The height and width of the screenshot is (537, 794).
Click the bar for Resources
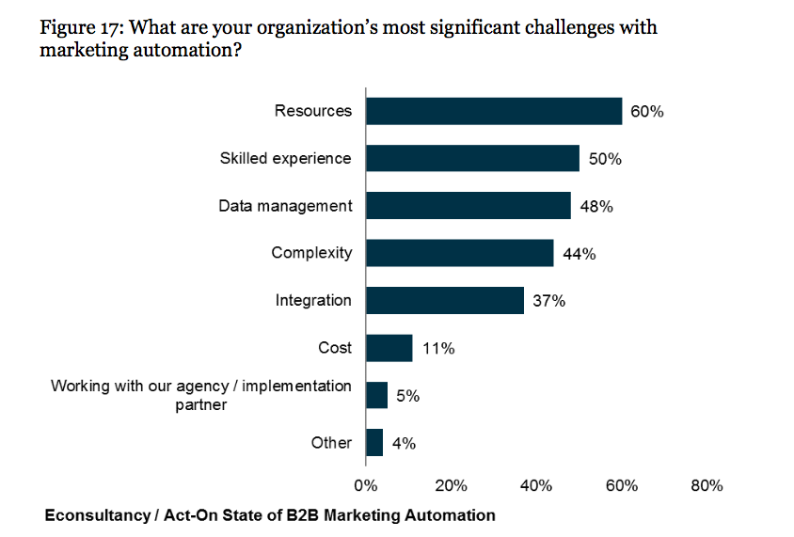click(493, 111)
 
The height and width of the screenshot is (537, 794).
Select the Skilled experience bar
click(472, 158)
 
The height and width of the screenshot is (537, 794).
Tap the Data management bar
click(468, 206)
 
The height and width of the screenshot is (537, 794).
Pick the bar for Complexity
click(459, 253)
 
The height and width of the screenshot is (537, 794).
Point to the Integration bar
click(444, 300)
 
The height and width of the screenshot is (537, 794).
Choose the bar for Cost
click(389, 348)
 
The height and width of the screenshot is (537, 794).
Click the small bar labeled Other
click(374, 442)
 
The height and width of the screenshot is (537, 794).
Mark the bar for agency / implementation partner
click(376, 395)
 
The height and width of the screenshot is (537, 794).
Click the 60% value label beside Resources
click(647, 112)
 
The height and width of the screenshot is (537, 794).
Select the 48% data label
click(596, 207)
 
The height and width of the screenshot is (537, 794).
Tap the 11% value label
click(438, 349)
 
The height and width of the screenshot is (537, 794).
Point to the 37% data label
click(549, 301)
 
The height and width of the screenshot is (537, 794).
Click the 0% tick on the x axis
click(365, 486)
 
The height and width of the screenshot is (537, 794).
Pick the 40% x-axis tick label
click(536, 486)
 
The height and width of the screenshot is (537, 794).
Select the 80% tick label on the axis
click(707, 486)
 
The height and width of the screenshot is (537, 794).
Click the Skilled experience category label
click(286, 158)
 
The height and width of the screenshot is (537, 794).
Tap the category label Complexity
click(311, 253)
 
